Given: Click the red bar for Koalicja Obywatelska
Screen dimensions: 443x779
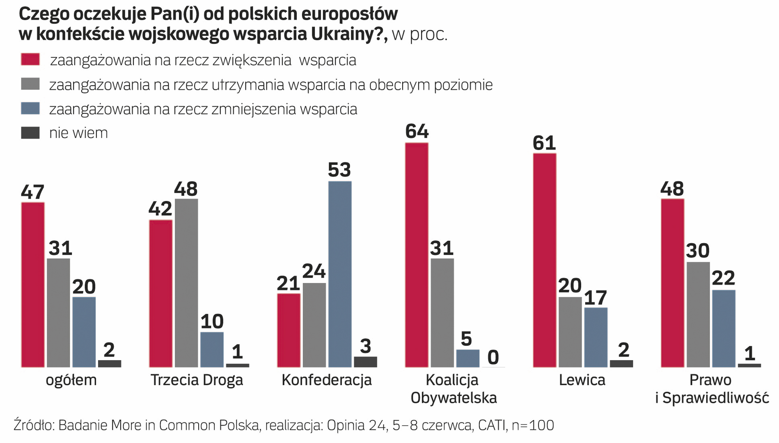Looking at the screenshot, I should coord(417,255).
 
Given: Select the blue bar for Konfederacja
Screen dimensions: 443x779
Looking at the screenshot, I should coord(340,274).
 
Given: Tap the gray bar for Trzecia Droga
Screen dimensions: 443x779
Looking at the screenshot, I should coord(186,283).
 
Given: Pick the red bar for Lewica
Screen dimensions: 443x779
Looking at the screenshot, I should coord(545,260).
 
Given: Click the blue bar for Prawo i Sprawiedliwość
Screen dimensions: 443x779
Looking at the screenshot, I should coord(724,329).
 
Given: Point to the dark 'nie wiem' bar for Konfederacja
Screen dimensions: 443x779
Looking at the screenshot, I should coord(365,362).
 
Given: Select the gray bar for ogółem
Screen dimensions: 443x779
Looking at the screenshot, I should coord(58,313).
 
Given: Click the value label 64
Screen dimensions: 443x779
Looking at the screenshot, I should coord(417,132).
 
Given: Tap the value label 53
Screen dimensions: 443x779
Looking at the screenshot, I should coord(339,170).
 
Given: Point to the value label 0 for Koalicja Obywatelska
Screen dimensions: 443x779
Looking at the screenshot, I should coord(493,358).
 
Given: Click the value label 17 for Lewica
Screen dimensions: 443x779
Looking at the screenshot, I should coord(596,298).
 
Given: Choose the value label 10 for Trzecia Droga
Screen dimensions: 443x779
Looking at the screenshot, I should coord(212,322).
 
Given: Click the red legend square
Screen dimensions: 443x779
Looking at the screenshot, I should coord(30,59).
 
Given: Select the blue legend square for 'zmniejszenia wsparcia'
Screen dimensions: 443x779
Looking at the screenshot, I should coord(30,109).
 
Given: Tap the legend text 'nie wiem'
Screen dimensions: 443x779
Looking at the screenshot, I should coord(78,133).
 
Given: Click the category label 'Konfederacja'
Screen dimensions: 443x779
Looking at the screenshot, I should coord(327,380).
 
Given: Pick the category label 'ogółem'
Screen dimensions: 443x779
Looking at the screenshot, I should coord(71,380).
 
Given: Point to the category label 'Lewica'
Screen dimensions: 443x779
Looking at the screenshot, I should coord(582,380).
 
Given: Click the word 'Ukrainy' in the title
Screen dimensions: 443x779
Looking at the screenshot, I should coord(347,34).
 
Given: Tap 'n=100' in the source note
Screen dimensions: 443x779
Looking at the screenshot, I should coord(533,425).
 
